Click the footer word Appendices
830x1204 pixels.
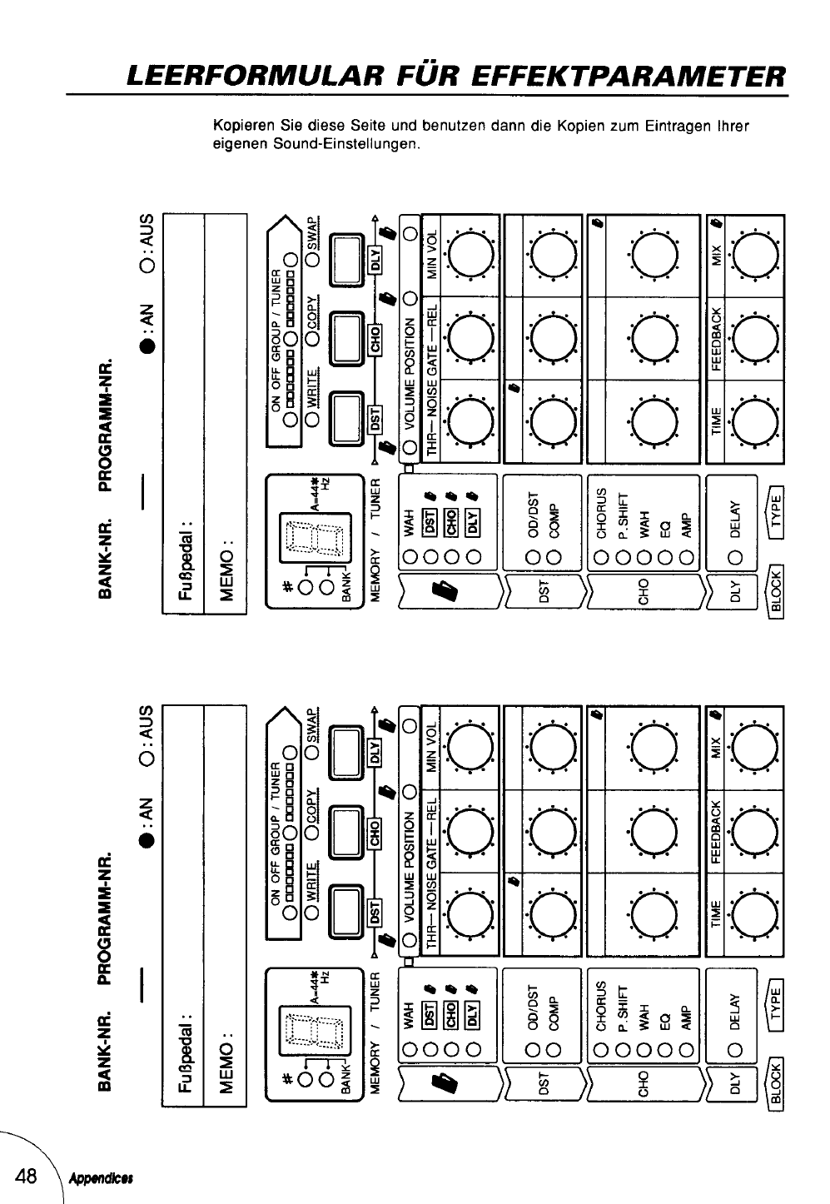tap(103, 1180)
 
